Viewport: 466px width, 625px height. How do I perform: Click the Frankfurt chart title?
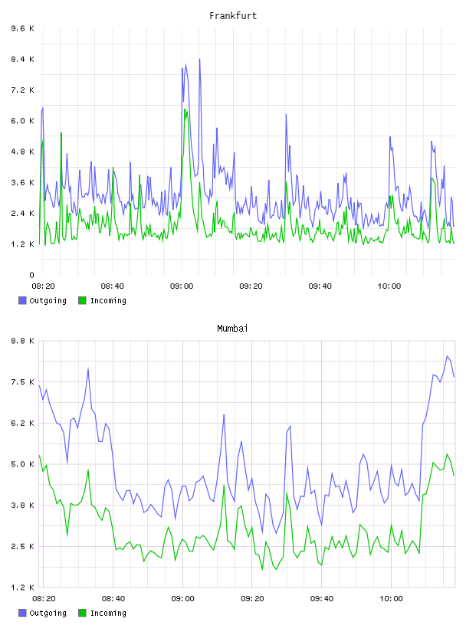233,16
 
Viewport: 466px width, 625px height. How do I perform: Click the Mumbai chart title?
232,329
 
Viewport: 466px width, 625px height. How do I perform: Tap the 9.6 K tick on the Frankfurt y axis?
22,28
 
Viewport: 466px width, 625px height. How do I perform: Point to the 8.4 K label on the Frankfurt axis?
22,59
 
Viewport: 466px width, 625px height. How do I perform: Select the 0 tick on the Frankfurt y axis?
32,275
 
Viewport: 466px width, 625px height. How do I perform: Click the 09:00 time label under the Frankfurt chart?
182,286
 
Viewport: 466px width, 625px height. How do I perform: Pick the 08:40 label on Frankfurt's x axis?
112,286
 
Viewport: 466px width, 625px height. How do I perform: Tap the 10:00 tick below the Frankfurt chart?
389,286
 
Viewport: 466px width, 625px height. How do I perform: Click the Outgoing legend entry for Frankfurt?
43,300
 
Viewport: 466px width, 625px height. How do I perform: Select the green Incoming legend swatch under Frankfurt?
82,300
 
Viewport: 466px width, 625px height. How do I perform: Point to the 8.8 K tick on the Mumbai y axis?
22,341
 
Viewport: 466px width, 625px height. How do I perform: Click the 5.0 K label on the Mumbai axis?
22,464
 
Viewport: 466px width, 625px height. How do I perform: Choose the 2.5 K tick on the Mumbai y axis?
22,546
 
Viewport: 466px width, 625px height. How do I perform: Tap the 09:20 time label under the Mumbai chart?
252,598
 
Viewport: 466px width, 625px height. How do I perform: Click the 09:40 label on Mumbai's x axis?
322,598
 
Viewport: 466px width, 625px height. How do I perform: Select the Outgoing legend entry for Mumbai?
43,613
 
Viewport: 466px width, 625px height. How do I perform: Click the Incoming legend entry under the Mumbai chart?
103,613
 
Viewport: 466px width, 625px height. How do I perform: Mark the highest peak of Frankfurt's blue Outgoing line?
199,59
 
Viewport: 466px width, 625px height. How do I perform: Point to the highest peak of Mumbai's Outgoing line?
448,356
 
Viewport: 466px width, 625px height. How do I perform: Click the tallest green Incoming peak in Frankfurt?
185,110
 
